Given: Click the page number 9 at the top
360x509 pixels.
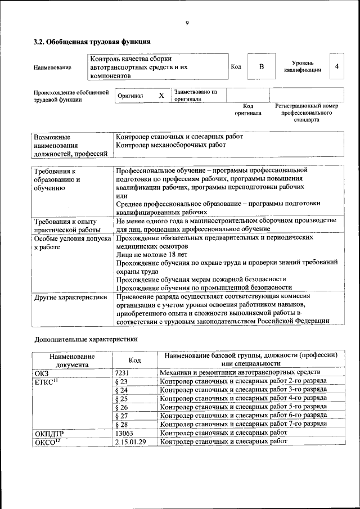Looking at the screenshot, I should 187,22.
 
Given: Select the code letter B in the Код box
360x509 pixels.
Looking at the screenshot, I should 261,67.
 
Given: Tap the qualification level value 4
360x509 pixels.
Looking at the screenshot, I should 336,66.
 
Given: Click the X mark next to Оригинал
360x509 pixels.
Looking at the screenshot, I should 161,96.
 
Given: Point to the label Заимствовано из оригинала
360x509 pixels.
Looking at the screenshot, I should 195,95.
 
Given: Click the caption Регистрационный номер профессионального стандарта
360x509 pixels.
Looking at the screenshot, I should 306,112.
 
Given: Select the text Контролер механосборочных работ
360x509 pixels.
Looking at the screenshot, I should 170,145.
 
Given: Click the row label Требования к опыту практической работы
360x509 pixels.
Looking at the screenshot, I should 66,226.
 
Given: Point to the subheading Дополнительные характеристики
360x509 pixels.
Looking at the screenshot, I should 85,339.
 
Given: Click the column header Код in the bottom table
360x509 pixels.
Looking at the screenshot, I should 134,360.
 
